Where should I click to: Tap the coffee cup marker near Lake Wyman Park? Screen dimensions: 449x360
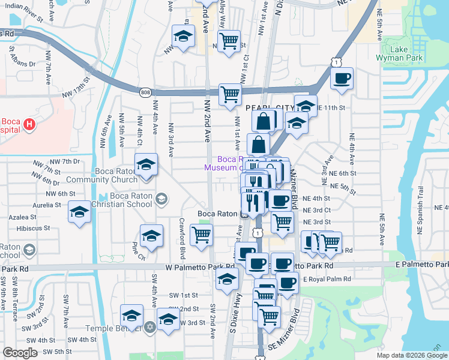(342, 79)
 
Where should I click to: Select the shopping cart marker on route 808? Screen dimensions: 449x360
(230, 95)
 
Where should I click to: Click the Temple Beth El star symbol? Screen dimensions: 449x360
(150, 328)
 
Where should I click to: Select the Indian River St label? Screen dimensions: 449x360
(23, 19)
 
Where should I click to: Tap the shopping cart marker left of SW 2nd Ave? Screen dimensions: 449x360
(201, 235)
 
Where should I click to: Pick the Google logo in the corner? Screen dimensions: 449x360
(20, 353)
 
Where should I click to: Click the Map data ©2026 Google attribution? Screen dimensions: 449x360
(411, 355)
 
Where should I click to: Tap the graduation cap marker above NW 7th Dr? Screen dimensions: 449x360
(146, 165)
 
